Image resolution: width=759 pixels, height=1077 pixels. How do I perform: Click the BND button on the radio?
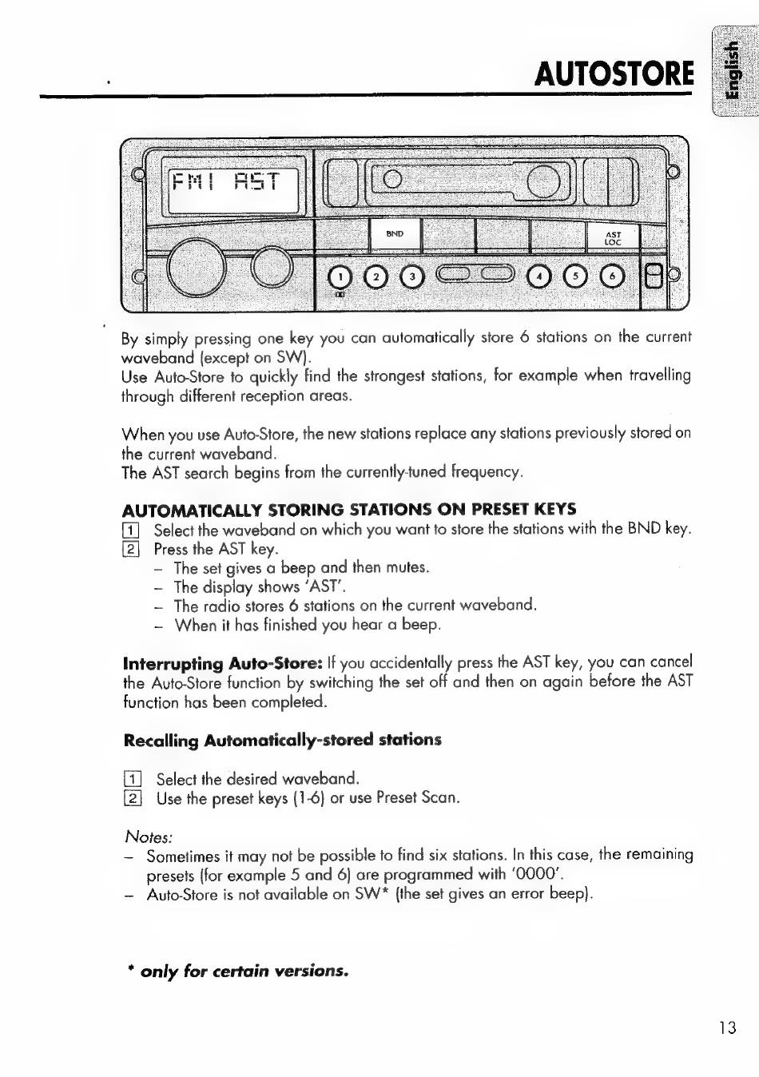[x=395, y=234]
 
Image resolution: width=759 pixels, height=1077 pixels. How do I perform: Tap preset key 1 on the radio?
[x=341, y=277]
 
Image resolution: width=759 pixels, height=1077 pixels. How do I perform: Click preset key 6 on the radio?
[x=611, y=277]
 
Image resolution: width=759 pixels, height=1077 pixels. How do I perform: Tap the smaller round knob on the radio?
[x=272, y=267]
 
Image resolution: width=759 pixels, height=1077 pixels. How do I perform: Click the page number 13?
[x=725, y=1027]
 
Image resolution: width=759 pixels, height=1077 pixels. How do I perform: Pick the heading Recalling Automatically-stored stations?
[x=282, y=740]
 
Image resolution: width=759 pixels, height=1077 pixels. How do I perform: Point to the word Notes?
[x=149, y=837]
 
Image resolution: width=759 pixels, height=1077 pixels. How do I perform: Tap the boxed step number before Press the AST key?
[x=132, y=549]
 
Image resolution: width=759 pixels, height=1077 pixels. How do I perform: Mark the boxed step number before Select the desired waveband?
[x=133, y=779]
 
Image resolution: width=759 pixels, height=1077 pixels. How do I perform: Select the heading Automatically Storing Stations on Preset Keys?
[x=349, y=509]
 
